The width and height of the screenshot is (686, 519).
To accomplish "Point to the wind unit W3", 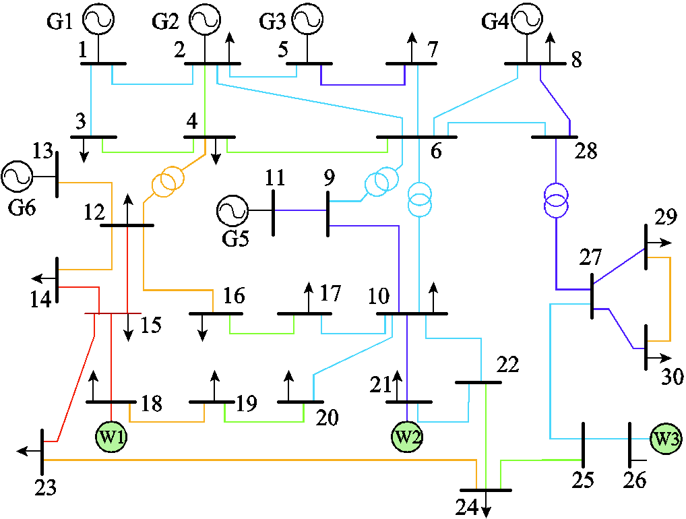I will pyautogui.click(x=665, y=439).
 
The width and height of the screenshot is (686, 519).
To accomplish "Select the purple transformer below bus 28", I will pyautogui.click(x=556, y=200).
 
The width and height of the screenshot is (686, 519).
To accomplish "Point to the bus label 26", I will pyautogui.click(x=634, y=481).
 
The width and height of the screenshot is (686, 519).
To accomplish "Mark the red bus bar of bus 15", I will pyautogui.click(x=113, y=313).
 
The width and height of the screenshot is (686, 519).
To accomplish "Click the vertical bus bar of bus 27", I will pyautogui.click(x=592, y=295).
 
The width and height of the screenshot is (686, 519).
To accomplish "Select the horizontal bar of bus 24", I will pyautogui.click(x=485, y=490).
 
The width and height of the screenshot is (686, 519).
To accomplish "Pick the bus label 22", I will pyautogui.click(x=508, y=364).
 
